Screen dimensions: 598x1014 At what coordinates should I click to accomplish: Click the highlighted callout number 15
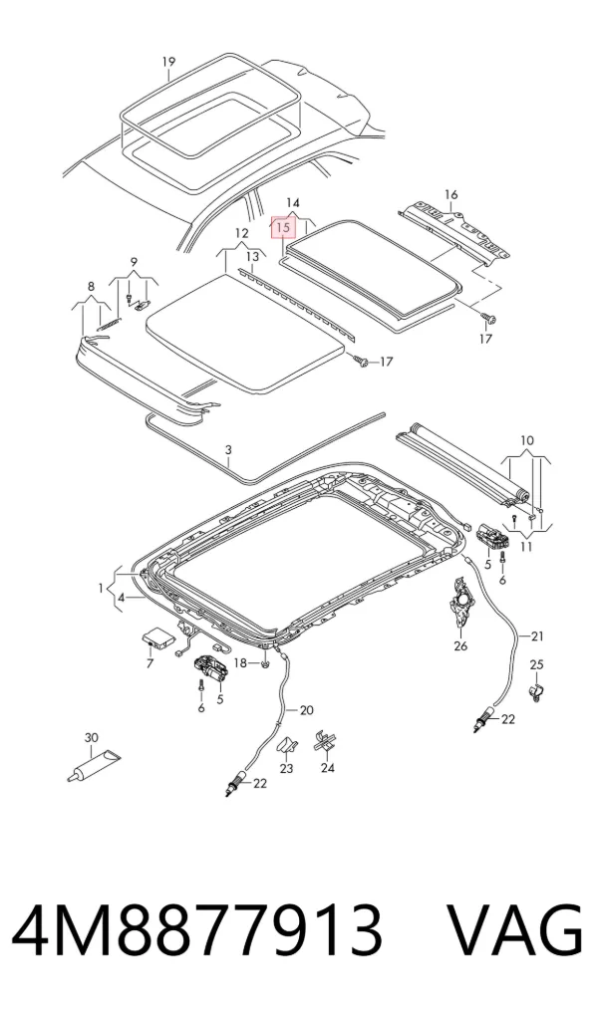coord(283,228)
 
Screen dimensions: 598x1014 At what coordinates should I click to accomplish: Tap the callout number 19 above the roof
coord(168,62)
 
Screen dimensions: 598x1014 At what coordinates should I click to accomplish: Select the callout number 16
coord(451,194)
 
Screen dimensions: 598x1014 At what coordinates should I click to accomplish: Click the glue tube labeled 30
coord(95,764)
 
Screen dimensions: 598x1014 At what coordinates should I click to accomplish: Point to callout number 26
coord(460,645)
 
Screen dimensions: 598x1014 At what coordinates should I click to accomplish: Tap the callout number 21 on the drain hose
coord(538,636)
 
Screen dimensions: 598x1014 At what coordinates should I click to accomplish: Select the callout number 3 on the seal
coord(228,449)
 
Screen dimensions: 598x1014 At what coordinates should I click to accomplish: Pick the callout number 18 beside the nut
coord(240,662)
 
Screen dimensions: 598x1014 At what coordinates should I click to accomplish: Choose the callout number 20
coord(307,710)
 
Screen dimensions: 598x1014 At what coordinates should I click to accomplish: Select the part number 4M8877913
coord(196,931)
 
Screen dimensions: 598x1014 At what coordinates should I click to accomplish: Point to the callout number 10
coord(527,441)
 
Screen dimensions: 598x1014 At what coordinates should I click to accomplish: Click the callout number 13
coord(252,257)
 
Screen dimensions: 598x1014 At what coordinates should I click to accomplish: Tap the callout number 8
coord(91,286)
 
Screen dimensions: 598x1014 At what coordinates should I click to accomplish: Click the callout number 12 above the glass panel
coord(241,233)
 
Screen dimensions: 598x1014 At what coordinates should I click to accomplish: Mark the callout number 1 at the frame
coord(101,588)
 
